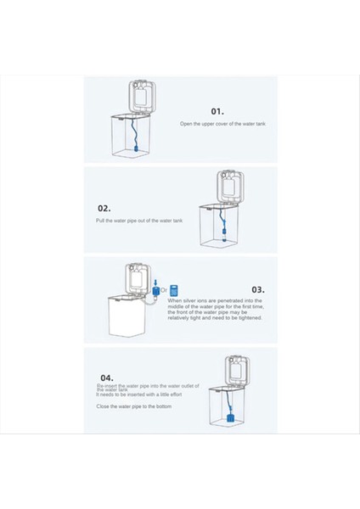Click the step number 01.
217,110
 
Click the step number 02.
104,207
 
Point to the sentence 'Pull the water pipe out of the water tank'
138,221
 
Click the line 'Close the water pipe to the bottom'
127,406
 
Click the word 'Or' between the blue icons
165,290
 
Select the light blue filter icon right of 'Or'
175,290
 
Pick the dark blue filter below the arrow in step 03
156,292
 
